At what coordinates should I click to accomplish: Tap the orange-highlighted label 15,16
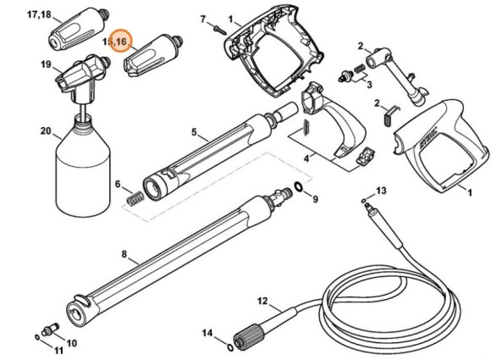point(116,41)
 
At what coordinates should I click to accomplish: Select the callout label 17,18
point(39,15)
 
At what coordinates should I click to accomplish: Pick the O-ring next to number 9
point(299,186)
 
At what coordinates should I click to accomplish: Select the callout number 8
point(124,253)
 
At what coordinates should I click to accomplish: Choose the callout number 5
point(194,131)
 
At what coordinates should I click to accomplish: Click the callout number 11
point(58,351)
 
